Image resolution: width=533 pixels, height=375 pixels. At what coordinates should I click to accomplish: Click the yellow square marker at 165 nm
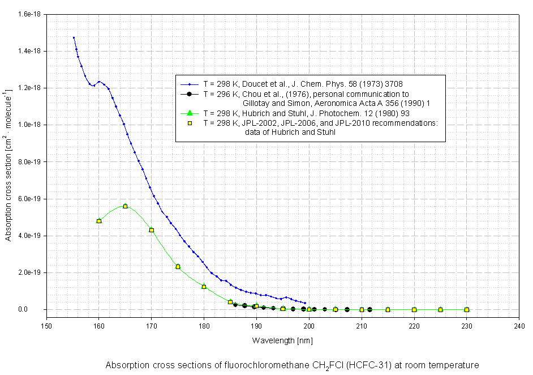pyautogui.click(x=125, y=206)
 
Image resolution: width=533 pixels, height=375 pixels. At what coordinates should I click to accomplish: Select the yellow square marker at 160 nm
pyautogui.click(x=99, y=221)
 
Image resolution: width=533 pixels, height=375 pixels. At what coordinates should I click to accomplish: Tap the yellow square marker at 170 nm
pyautogui.click(x=152, y=230)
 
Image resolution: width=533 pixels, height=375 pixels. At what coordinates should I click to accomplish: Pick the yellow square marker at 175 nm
pyautogui.click(x=178, y=267)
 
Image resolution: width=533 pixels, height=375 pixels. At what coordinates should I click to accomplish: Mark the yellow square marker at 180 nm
pyautogui.click(x=204, y=287)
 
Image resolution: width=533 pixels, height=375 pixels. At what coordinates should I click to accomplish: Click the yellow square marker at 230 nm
pyautogui.click(x=467, y=310)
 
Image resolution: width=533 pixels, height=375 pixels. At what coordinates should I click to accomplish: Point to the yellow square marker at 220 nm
pyautogui.click(x=414, y=310)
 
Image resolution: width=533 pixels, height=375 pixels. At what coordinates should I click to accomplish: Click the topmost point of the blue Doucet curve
pyautogui.click(x=74, y=37)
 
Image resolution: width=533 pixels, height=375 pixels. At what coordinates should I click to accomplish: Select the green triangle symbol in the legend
pyautogui.click(x=190, y=113)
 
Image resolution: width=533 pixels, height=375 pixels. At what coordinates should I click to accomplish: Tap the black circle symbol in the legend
pyautogui.click(x=190, y=93)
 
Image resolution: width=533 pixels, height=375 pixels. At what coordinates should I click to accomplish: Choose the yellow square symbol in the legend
pyautogui.click(x=190, y=122)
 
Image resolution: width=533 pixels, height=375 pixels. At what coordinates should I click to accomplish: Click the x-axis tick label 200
pyautogui.click(x=309, y=326)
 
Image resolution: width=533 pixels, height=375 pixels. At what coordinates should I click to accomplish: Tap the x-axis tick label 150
pyautogui.click(x=46, y=326)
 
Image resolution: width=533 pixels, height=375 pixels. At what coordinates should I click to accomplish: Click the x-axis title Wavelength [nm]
pyautogui.click(x=282, y=340)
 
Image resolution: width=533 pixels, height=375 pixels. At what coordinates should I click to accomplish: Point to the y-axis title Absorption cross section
pyautogui.click(x=8, y=164)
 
